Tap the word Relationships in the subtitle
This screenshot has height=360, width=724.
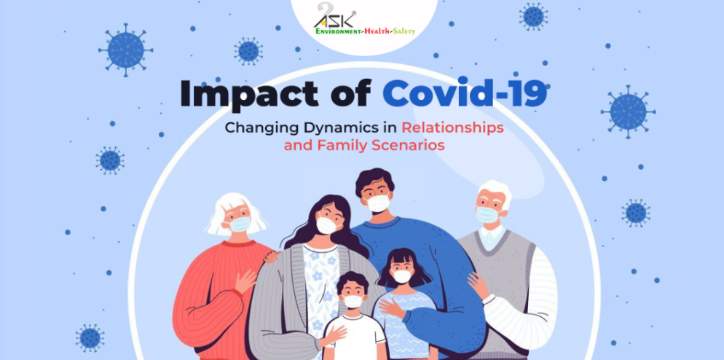pos(452,128)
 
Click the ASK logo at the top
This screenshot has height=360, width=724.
pos(336,16)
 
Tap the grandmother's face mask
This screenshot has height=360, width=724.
pos(240,224)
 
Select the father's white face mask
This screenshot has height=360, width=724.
pos(378,203)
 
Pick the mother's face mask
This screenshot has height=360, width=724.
pos(326,225)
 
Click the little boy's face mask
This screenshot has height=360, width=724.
pos(353,302)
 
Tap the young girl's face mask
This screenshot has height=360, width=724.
pos(401,276)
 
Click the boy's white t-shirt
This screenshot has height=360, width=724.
pos(355,337)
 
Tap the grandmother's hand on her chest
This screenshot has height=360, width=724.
pos(245,281)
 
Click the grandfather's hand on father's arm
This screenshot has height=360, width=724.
pos(478,285)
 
